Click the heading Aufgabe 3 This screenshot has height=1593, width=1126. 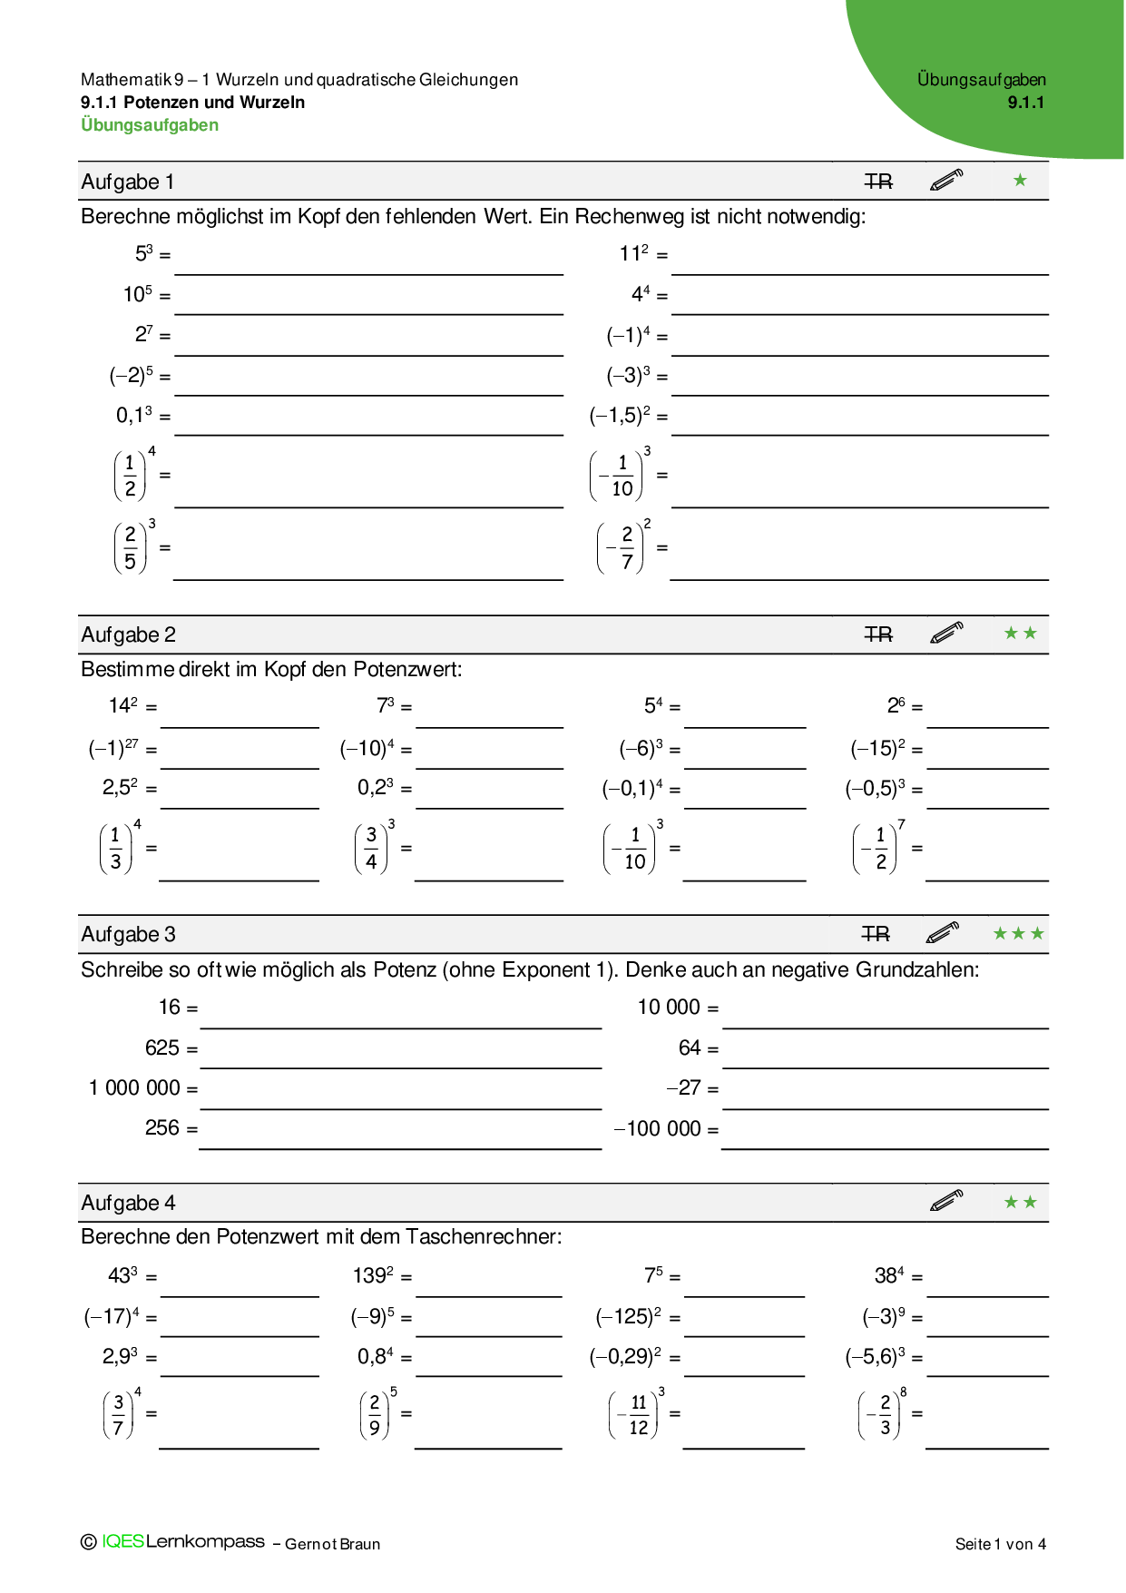tap(128, 934)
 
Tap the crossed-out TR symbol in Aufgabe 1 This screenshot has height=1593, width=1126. tap(878, 182)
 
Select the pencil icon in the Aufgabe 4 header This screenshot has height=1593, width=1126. tap(946, 1201)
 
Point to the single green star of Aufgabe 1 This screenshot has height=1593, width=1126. tap(1020, 181)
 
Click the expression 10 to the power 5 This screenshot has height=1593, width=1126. tap(138, 294)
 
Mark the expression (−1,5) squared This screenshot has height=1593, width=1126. tap(621, 416)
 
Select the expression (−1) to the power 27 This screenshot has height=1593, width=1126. tap(113, 749)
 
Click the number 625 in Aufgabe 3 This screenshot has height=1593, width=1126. tap(162, 1047)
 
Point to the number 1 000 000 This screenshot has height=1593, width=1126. tap(134, 1087)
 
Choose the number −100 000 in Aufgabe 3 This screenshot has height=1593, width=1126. tap(658, 1128)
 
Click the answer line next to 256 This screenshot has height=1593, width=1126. tap(400, 1147)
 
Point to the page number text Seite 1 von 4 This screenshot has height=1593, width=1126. tap(1000, 1544)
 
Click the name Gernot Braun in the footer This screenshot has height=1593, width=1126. tap(332, 1544)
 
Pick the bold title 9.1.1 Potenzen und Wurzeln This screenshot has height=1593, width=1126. tap(192, 103)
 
